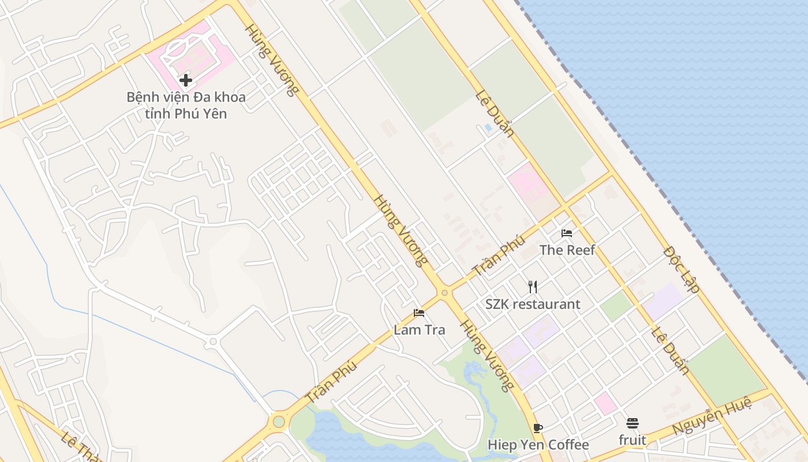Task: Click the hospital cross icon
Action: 185,80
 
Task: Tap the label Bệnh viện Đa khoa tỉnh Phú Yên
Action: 186,105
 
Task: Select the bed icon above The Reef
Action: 567,233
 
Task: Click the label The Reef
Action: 567,250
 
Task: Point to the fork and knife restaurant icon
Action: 533,287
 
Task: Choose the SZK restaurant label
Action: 533,304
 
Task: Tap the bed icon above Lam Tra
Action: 419,313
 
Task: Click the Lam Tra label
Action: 420,330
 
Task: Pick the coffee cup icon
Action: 538,428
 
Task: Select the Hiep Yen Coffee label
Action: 538,445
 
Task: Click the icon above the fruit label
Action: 633,423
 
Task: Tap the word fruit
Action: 633,440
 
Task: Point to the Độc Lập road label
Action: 682,269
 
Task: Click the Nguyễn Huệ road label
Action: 712,415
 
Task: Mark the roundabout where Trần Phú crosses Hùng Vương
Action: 444,293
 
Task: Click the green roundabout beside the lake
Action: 279,421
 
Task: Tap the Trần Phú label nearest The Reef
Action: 499,255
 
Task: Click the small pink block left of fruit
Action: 605,403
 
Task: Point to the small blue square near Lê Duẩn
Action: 488,128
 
